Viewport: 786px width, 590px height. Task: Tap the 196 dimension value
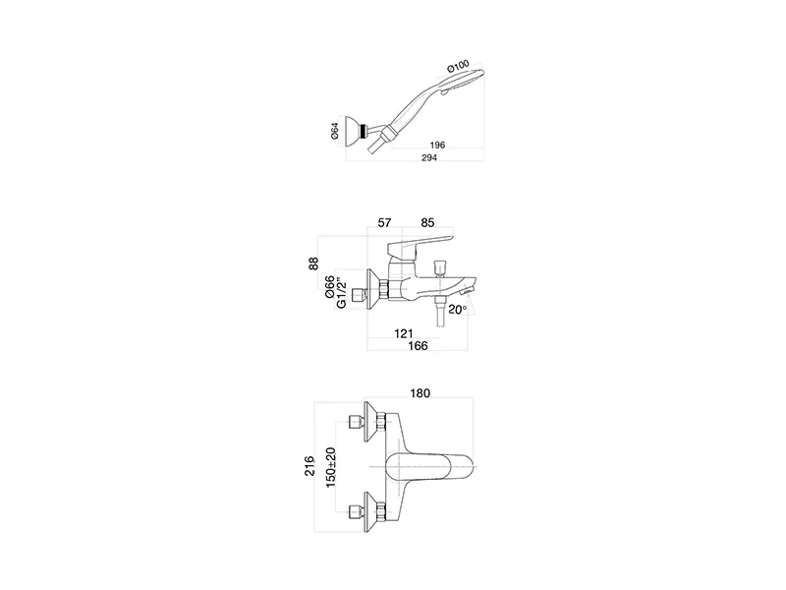click(x=438, y=145)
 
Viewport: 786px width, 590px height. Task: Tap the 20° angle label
click(x=457, y=310)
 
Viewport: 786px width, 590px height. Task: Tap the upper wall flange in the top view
click(x=371, y=417)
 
